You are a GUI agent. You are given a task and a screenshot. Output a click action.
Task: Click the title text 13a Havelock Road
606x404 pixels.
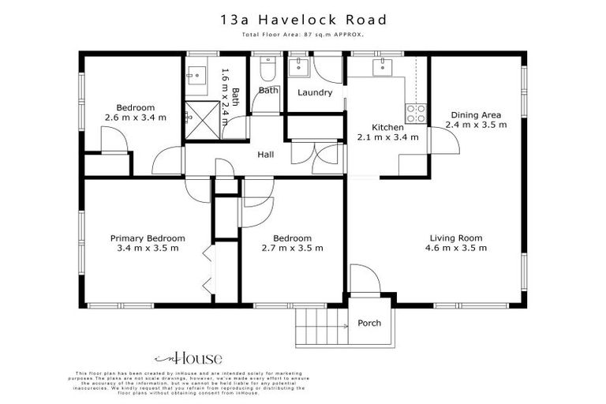[303, 19]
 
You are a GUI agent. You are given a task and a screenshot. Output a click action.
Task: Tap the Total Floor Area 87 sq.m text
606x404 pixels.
[303, 36]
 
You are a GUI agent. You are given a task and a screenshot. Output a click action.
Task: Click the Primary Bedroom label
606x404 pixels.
[148, 238]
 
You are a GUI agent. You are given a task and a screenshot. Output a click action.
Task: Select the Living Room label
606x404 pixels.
[456, 238]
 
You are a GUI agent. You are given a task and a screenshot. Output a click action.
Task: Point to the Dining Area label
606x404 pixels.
[476, 114]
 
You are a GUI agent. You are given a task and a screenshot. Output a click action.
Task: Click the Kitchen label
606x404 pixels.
[387, 127]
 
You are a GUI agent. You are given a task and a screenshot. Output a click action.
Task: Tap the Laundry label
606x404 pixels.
[315, 92]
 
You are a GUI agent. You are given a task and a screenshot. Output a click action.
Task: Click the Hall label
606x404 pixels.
[266, 155]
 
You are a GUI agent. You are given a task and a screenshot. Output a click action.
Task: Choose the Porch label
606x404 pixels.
[369, 323]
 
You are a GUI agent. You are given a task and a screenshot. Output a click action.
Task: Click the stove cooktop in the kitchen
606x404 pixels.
[416, 113]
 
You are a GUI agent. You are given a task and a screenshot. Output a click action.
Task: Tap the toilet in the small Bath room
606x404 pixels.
[266, 73]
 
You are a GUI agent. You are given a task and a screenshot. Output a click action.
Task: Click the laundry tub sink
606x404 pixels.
[298, 67]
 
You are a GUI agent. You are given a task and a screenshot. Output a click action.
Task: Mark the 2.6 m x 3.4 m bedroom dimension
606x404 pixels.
[136, 118]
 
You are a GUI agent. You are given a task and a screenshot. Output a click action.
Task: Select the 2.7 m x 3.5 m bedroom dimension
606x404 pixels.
[293, 248]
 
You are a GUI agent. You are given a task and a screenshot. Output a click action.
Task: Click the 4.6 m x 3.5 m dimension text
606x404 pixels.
[456, 248]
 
